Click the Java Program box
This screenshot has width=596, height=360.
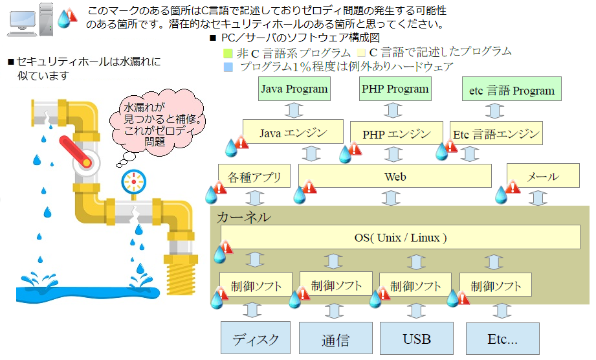[x=294, y=89]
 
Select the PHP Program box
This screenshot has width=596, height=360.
[x=395, y=89]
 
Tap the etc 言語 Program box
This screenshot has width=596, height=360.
[x=511, y=90]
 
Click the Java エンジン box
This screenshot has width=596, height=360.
[x=292, y=133]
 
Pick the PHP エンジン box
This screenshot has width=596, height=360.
[x=396, y=134]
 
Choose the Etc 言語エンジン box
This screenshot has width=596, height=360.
[x=496, y=133]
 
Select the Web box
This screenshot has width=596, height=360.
[x=395, y=176]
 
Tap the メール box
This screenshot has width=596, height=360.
[x=542, y=176]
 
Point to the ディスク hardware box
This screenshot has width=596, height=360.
[x=256, y=338]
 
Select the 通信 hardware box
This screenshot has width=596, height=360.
[x=335, y=339]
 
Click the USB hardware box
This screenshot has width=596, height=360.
[x=416, y=338]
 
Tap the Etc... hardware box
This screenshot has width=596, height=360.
[x=502, y=338]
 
